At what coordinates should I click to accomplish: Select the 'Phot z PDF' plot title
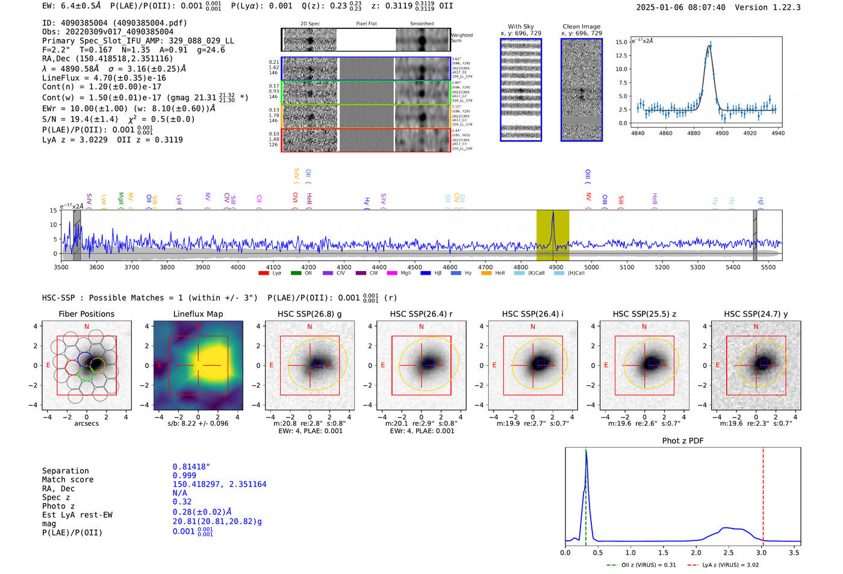683,441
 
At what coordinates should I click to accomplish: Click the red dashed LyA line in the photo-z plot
763,494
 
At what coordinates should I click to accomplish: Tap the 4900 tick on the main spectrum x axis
556,267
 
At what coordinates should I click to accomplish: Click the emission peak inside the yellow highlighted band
553,214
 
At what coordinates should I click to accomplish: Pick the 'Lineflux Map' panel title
198,314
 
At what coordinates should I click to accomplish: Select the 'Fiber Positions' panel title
86,314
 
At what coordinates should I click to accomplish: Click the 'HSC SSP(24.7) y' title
756,314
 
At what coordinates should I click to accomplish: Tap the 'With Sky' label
521,27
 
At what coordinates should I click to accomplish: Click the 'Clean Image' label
581,27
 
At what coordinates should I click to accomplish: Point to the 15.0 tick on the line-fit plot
621,42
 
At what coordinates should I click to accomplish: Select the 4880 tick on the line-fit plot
694,133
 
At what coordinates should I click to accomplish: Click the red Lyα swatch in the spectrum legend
263,273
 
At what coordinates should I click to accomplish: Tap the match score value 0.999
184,476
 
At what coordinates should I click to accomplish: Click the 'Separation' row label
65,471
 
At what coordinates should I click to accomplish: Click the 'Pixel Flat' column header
366,24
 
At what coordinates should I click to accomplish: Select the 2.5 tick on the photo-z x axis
729,552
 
